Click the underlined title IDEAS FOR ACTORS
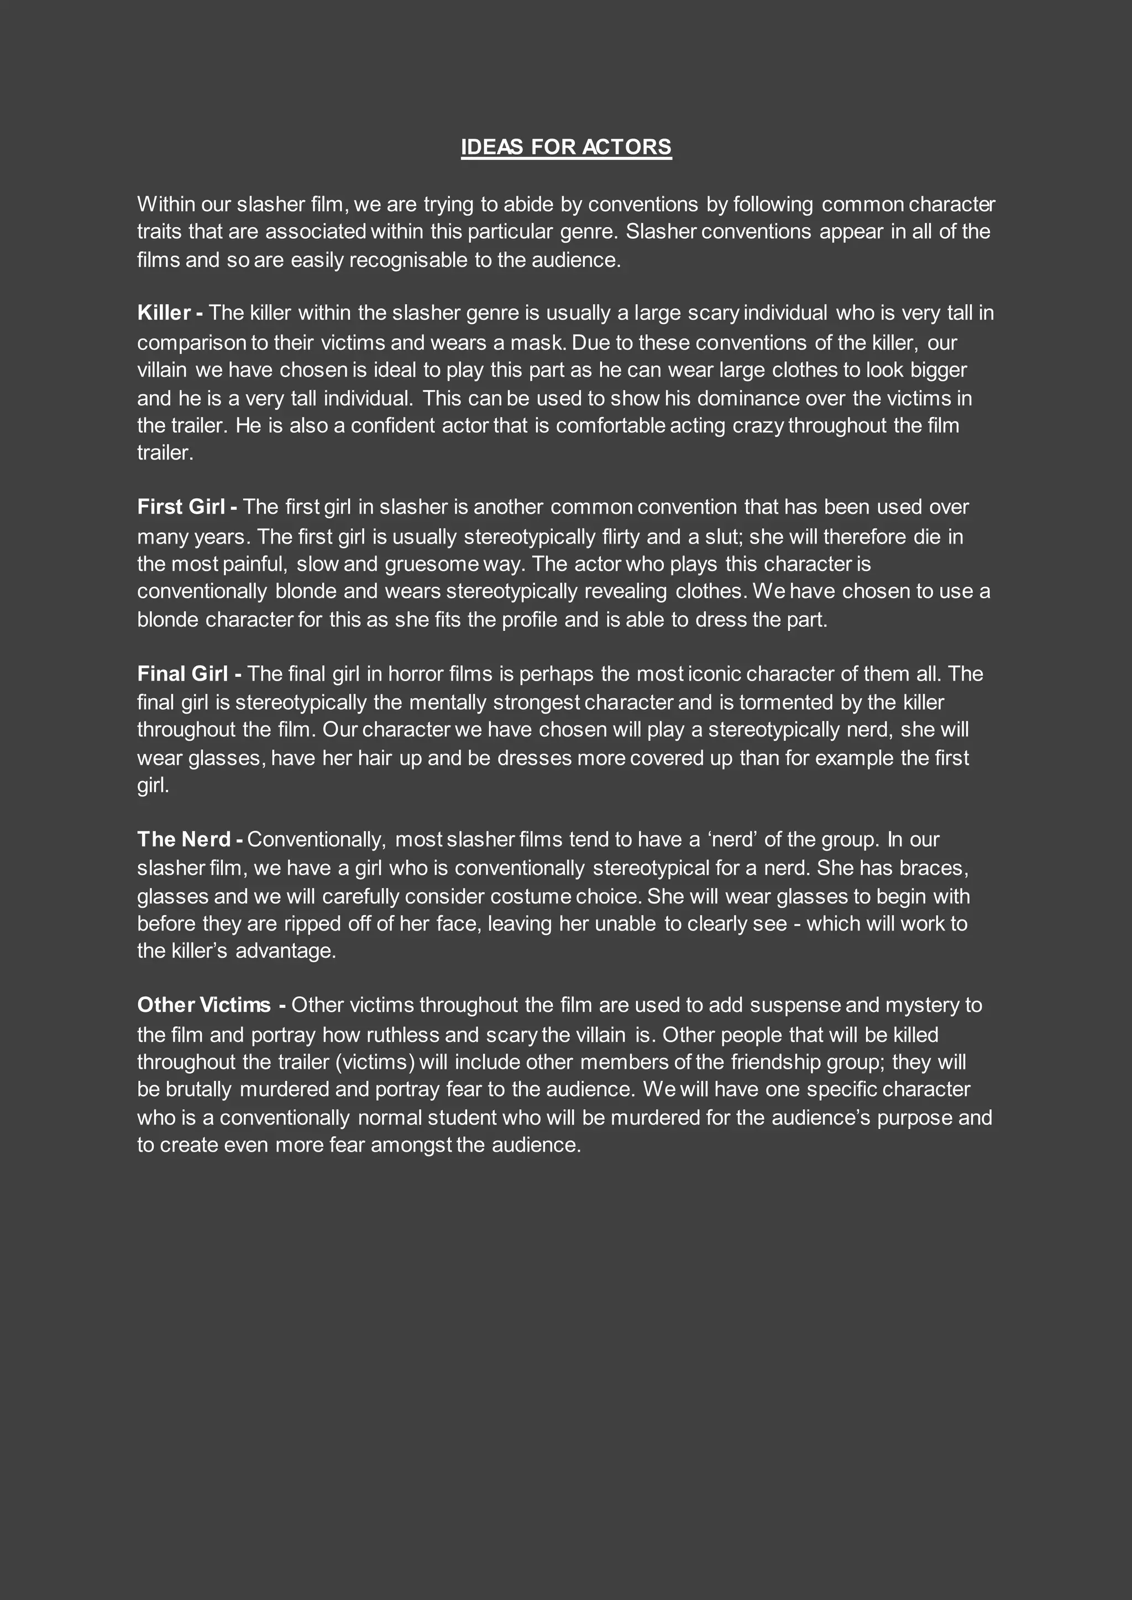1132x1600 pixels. [566, 147]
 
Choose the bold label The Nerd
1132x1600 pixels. [184, 839]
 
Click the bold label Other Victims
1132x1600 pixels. [203, 1005]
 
